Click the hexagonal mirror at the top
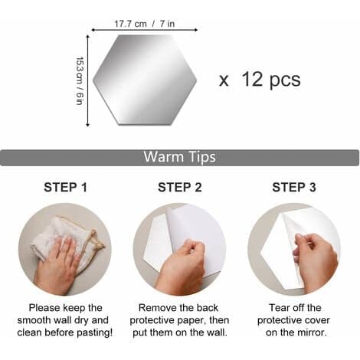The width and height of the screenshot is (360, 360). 145,80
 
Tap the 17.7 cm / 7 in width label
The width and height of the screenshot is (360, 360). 144,24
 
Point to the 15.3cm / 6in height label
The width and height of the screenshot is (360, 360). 80,80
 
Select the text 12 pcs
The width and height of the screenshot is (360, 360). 271,80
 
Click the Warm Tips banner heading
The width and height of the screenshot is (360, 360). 179,157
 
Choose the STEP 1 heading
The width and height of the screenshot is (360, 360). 65,188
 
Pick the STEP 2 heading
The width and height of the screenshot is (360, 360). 180,188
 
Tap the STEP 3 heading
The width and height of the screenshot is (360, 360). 294,188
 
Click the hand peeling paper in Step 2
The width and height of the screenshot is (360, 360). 182,266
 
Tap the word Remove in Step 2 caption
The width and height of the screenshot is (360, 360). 155,308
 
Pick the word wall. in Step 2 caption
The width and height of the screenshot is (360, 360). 216,332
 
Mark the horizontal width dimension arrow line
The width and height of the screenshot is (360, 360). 145,30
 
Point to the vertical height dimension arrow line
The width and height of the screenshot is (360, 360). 88,80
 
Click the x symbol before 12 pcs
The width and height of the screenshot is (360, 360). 224,81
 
